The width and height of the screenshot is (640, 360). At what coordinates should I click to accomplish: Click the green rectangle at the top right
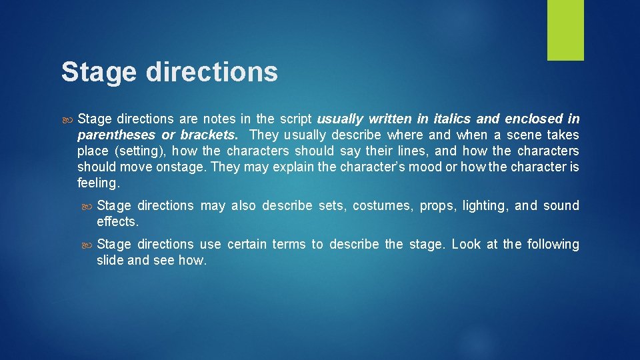coord(565,30)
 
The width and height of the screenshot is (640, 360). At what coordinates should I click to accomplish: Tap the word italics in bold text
coord(452,119)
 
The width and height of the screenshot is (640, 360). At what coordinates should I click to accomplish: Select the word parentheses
coord(117,135)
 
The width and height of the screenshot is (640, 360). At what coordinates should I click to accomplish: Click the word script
coord(295,119)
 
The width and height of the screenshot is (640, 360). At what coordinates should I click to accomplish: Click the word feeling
coord(99,183)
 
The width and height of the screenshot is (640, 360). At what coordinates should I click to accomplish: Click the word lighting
coord(485,206)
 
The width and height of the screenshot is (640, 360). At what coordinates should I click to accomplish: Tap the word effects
coord(118,221)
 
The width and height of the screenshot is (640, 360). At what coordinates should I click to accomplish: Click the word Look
coord(466,245)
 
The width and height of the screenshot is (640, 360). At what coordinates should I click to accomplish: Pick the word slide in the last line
coord(110,260)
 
